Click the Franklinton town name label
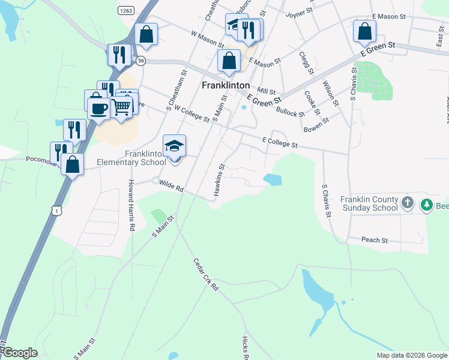(226, 86)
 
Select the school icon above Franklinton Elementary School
(174, 146)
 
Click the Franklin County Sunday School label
(369, 204)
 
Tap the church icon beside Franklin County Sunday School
(407, 203)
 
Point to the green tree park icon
(427, 205)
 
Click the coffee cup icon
(98, 109)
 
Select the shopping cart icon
(122, 107)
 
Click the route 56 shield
(140, 61)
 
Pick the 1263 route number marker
(125, 10)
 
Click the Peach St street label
(375, 240)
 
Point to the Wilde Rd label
(171, 187)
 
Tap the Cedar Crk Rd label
(206, 274)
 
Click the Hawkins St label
(218, 179)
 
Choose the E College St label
(280, 142)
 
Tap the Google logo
(20, 353)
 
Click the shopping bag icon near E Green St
(364, 31)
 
